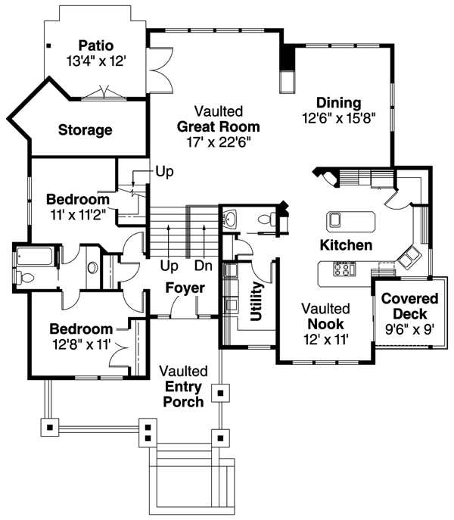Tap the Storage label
(x=85, y=129)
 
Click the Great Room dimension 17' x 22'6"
(x=218, y=141)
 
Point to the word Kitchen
(x=346, y=245)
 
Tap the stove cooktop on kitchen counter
(x=344, y=269)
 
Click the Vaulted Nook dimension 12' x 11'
(x=325, y=340)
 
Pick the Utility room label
(x=257, y=302)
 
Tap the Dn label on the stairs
(x=203, y=266)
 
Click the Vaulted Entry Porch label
(x=183, y=386)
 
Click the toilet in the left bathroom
(x=24, y=276)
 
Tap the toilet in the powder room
(x=265, y=220)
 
